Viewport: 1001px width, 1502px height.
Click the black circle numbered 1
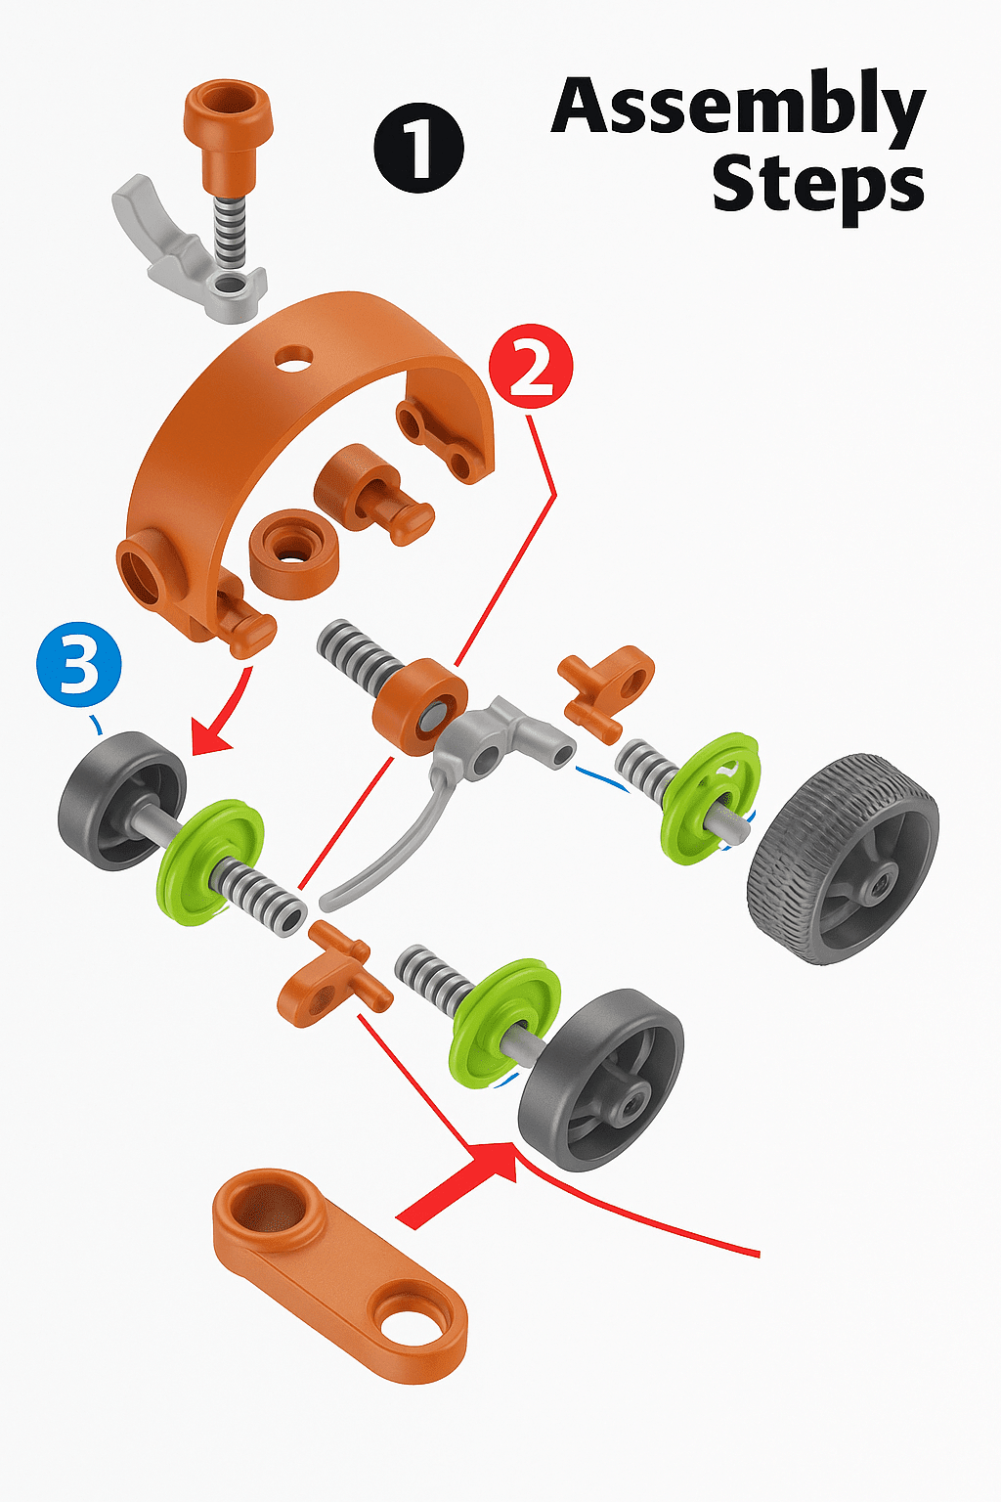pyautogui.click(x=419, y=148)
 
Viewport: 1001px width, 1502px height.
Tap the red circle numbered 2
pyautogui.click(x=531, y=366)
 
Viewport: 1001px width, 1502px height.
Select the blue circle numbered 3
pyautogui.click(x=79, y=664)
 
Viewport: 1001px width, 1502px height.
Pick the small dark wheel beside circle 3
pyautogui.click(x=122, y=801)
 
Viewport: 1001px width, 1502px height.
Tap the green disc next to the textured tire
pyautogui.click(x=711, y=798)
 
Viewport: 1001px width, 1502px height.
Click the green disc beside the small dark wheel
pyautogui.click(x=210, y=861)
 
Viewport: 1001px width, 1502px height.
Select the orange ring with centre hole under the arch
pyautogui.click(x=293, y=553)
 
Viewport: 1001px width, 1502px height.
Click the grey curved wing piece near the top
pyautogui.click(x=188, y=248)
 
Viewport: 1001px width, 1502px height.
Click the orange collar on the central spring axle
pyautogui.click(x=419, y=707)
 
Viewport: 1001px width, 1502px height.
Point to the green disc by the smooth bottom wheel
pyautogui.click(x=505, y=1023)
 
